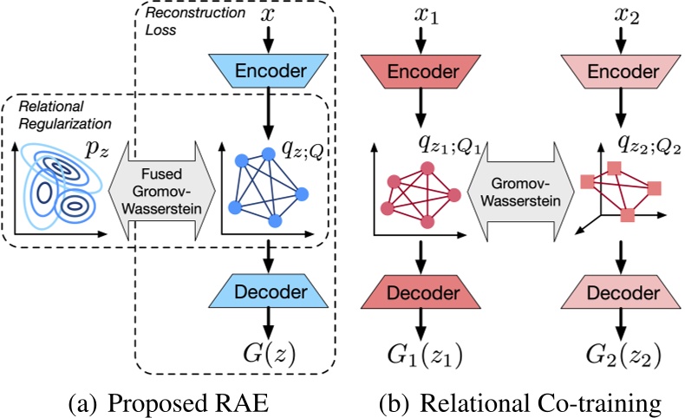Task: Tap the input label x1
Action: click(421, 16)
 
